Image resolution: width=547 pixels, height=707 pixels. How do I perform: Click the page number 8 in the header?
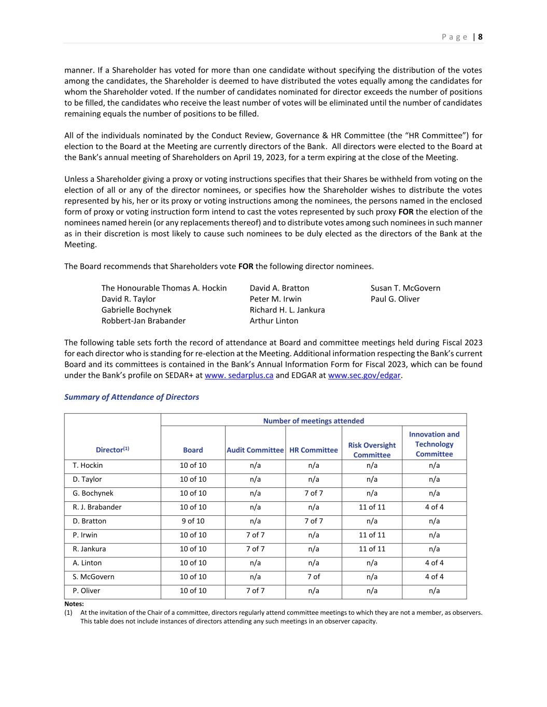(480, 37)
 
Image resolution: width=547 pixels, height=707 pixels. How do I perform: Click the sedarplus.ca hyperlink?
(239, 376)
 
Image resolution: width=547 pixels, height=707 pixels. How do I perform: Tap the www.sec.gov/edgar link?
(364, 376)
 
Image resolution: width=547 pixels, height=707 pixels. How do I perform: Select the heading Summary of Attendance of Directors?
(132, 397)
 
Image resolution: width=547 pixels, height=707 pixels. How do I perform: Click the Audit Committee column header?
(255, 450)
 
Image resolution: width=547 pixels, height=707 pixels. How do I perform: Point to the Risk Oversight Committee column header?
(372, 450)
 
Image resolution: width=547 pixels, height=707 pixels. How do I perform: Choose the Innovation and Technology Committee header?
(434, 444)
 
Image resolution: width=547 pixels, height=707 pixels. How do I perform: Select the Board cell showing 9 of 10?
(193, 521)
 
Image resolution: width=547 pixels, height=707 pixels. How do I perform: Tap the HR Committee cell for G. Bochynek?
(313, 493)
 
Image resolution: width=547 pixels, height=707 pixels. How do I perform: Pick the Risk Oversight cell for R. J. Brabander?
(372, 507)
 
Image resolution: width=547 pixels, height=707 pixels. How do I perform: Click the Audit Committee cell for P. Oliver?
(255, 590)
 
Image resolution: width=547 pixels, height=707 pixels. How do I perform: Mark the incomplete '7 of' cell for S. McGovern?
(313, 576)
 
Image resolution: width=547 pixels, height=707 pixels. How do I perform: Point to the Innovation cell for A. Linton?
(434, 562)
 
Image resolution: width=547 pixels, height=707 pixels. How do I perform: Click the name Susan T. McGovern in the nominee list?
(405, 288)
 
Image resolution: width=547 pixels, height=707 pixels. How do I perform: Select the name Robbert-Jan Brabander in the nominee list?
(143, 321)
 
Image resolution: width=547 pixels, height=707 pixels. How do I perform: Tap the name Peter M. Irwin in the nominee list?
(275, 299)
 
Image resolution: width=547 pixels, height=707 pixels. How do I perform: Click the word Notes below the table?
(74, 604)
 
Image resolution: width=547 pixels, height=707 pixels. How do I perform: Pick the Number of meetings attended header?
(313, 421)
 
